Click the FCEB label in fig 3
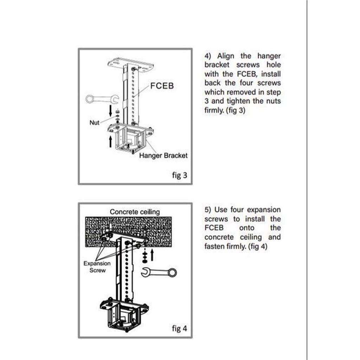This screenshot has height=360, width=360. (162, 86)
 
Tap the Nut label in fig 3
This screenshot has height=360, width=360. (94, 123)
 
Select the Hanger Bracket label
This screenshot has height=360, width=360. (163, 156)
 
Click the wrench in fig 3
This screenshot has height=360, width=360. (102, 99)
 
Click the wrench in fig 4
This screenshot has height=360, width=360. (159, 272)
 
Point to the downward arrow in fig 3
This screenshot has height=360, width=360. (110, 110)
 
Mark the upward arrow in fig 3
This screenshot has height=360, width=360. (110, 141)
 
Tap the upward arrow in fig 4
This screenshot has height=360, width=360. (152, 255)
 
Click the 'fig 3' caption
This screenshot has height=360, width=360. (180, 175)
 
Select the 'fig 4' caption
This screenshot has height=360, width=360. (180, 329)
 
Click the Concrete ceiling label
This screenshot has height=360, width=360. (135, 212)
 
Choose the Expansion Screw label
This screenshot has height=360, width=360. (97, 267)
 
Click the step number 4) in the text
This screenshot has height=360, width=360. (207, 56)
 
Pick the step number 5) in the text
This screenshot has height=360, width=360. (207, 210)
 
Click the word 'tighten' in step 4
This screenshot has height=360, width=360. (238, 101)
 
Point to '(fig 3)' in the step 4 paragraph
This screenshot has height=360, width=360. (236, 110)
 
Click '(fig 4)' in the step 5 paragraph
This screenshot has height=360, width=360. (258, 246)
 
